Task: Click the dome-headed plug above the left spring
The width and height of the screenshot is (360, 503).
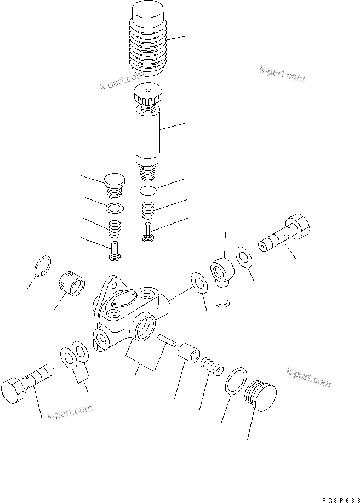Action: coord(114,182)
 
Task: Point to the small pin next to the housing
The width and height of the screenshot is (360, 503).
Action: coord(166,340)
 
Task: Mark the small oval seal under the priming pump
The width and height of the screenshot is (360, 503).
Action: coord(148,191)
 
